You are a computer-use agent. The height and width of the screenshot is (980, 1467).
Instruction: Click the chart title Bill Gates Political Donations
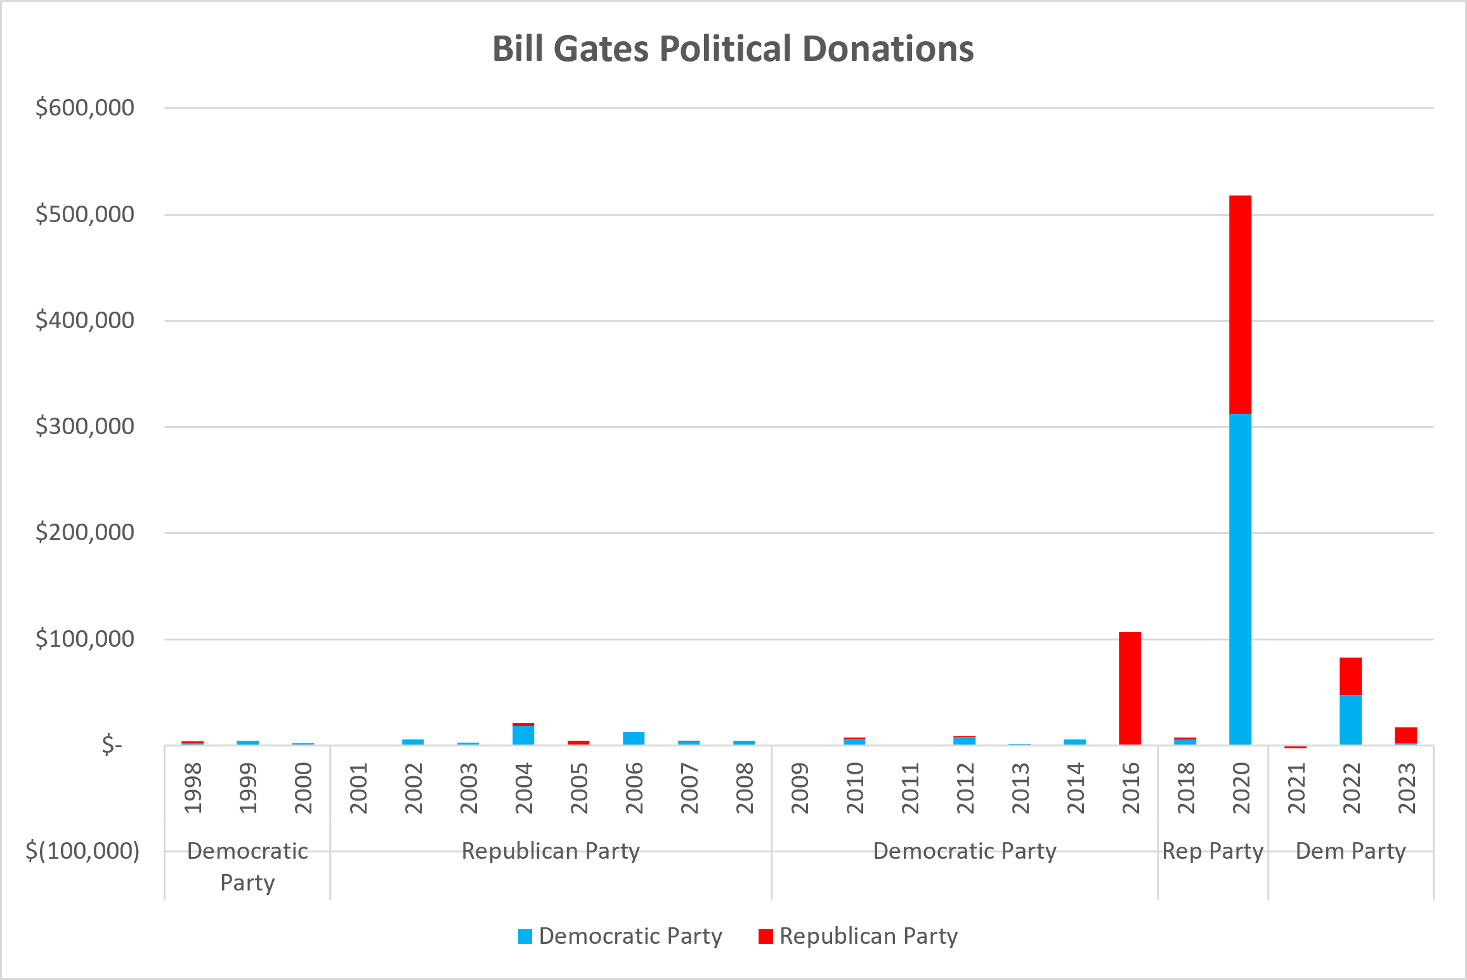click(x=733, y=49)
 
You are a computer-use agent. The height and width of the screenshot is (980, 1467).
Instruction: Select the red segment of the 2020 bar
click(x=1240, y=305)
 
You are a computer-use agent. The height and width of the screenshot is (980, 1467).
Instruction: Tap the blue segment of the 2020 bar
click(x=1240, y=579)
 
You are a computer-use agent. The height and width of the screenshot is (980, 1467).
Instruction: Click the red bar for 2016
click(x=1130, y=688)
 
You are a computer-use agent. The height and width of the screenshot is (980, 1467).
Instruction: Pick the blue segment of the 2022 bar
click(x=1350, y=720)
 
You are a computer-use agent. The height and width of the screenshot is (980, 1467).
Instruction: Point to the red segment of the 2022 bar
click(x=1350, y=676)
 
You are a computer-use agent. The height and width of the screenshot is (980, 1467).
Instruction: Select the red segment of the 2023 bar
click(x=1405, y=735)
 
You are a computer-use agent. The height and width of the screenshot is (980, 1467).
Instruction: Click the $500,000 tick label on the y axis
click(x=85, y=215)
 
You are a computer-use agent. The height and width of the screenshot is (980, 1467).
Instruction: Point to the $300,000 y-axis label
click(x=85, y=427)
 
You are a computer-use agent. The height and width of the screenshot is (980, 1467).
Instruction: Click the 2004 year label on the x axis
click(x=524, y=788)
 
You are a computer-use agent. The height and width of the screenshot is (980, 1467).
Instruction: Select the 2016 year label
click(x=1131, y=788)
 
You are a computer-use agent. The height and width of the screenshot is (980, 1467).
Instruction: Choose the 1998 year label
click(x=193, y=788)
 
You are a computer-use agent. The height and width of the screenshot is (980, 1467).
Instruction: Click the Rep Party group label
click(x=1213, y=851)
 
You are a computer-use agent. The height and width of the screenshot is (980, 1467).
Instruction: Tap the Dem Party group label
click(x=1351, y=851)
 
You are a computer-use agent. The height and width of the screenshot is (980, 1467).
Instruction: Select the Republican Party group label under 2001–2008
click(x=551, y=851)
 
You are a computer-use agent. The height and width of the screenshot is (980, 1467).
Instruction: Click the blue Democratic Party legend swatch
click(x=525, y=936)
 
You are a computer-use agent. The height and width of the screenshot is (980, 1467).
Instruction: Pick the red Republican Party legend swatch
click(x=766, y=936)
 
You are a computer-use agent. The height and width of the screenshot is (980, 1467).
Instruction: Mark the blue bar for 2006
click(x=634, y=738)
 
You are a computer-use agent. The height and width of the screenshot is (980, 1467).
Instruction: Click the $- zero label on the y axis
click(x=112, y=745)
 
